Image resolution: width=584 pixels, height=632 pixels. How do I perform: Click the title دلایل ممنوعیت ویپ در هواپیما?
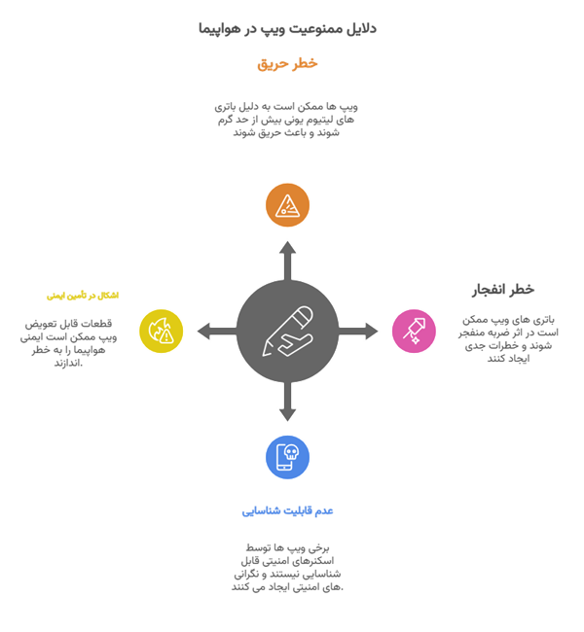[287, 29]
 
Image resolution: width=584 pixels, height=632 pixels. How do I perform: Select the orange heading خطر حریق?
[287, 64]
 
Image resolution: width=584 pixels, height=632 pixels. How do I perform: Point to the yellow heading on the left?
[83, 295]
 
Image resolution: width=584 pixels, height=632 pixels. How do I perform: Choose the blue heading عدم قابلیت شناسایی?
[287, 510]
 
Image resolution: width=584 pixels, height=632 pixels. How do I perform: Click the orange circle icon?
[287, 204]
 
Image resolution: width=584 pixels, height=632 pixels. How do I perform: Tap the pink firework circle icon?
[414, 331]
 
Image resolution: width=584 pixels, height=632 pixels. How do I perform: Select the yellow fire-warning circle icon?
[161, 331]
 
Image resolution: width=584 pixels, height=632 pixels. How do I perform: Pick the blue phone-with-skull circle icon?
[287, 457]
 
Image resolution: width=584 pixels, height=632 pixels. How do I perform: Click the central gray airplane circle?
[287, 331]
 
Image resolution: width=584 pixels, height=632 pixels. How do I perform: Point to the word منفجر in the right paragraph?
[484, 332]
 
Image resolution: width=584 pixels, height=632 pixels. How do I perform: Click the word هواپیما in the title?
[220, 29]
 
